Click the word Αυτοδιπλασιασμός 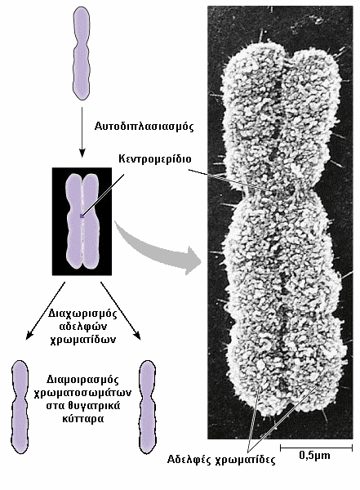(144, 127)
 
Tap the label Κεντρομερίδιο (154, 158)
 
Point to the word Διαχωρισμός (82, 314)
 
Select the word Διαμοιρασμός (82, 380)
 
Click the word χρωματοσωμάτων (82, 393)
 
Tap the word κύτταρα (82, 418)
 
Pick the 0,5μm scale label (314, 456)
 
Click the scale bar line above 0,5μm (316, 448)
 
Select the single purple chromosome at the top (82, 53)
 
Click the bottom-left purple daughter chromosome (20, 408)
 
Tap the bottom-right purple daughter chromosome (147, 408)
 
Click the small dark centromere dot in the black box (82, 216)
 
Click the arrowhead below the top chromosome (82, 154)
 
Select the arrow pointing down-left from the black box (46, 310)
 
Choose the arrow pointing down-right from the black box (121, 310)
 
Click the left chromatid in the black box (73, 221)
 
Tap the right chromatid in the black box (91, 221)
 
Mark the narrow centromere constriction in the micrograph (279, 193)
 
